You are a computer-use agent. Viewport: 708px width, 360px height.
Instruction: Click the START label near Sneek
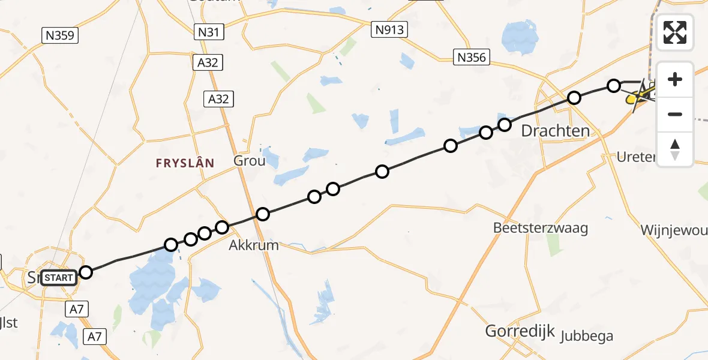pyautogui.click(x=59, y=277)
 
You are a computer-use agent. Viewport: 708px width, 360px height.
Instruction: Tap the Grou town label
pyautogui.click(x=248, y=161)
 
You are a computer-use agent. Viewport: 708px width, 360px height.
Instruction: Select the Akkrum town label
pyautogui.click(x=254, y=245)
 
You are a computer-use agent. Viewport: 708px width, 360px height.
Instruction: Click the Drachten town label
pyautogui.click(x=555, y=131)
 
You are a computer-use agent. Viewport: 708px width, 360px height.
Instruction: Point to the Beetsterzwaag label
pyautogui.click(x=532, y=228)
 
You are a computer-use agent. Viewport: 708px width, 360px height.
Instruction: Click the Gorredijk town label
pyautogui.click(x=520, y=332)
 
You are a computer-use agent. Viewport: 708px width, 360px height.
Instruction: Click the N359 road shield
pyautogui.click(x=60, y=35)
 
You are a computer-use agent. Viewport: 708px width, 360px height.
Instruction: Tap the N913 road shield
pyautogui.click(x=389, y=29)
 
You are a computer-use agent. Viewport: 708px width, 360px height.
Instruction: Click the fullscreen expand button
pyautogui.click(x=675, y=32)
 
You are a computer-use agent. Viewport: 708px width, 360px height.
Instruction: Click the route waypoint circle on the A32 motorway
pyautogui.click(x=262, y=214)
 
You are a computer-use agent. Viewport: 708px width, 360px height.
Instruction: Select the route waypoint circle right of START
pyautogui.click(x=86, y=272)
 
